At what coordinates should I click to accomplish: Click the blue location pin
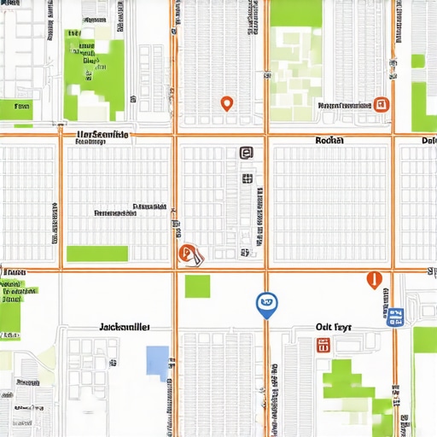click(266, 303)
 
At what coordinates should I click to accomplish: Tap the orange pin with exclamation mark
click(372, 278)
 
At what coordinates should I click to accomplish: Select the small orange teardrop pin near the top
click(226, 104)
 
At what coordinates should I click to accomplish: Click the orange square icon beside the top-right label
click(382, 105)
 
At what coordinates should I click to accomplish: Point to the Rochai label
click(329, 140)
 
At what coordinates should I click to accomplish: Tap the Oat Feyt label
click(333, 326)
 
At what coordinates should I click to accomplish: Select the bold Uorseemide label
click(102, 134)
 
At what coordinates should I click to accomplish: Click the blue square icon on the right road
click(393, 318)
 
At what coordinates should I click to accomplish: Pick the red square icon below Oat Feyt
click(323, 345)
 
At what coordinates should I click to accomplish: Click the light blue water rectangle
click(157, 361)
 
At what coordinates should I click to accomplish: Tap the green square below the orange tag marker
click(197, 286)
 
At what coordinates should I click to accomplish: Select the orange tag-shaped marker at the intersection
click(188, 253)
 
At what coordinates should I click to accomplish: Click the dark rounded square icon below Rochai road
click(246, 153)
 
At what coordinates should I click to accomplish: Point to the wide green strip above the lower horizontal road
click(97, 253)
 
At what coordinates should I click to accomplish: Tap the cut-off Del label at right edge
click(428, 140)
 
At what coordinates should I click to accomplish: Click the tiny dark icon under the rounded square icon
click(247, 178)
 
